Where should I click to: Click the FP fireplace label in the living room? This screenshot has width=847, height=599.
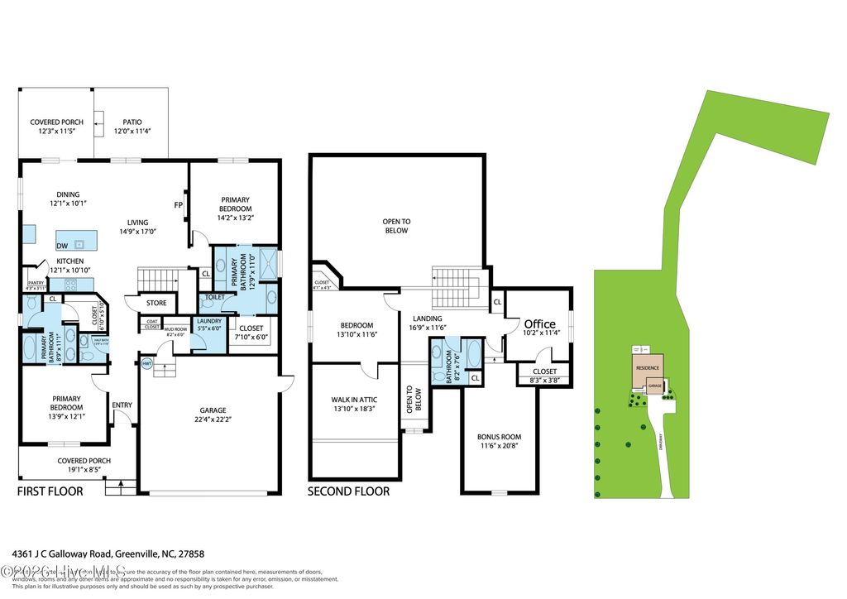178,205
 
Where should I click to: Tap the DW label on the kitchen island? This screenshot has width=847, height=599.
63,246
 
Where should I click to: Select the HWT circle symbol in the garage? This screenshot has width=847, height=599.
146,363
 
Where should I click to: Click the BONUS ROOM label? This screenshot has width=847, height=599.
499,437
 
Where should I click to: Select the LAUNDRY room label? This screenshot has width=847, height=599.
208,322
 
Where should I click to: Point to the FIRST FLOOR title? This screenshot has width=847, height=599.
50,491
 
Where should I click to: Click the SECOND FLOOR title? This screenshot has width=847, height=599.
348,491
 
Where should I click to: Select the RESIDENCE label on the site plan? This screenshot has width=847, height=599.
647,367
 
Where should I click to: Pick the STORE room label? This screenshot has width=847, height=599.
156,303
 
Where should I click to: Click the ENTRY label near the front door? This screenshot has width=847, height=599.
122,405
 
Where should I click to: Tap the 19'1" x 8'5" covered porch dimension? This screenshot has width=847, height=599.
84,471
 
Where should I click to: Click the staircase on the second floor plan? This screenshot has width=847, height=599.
452,286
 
